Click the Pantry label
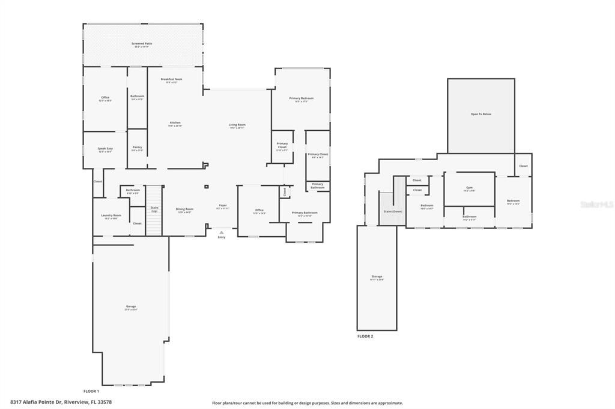(138, 148)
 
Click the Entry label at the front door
(222, 237)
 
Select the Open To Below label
(480, 114)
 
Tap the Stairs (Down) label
(393, 212)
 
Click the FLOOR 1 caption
(91, 391)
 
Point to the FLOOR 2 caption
(365, 336)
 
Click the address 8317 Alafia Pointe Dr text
(61, 402)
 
